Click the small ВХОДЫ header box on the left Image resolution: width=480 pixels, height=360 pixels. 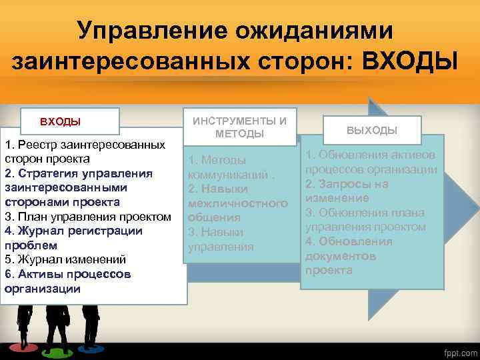click(61, 121)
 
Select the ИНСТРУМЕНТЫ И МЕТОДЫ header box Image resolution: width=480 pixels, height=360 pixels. click(240, 127)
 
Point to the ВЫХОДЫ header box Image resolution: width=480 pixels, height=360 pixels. click(372, 130)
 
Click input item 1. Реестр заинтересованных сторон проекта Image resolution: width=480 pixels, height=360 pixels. click(85, 152)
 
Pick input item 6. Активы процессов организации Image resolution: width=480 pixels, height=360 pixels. click(67, 281)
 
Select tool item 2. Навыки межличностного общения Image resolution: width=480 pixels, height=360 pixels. click(237, 203)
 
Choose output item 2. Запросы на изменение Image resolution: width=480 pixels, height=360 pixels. click(346, 191)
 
